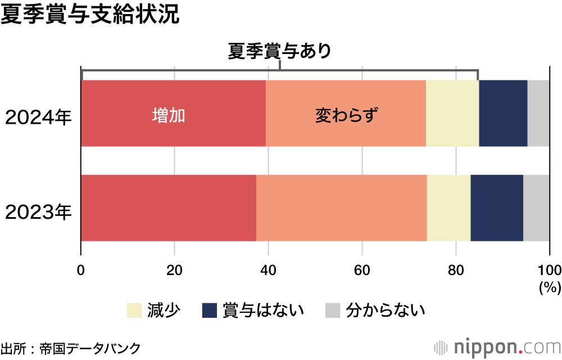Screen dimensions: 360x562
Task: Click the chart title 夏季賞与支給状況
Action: click(90, 15)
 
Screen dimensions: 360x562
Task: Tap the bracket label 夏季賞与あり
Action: click(279, 51)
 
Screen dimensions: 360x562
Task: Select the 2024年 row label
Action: click(39, 119)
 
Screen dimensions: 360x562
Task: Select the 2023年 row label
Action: click(39, 212)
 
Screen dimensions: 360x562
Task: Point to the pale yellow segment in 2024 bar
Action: click(452, 113)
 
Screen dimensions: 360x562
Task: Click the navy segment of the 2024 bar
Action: click(503, 113)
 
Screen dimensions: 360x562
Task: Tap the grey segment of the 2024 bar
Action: click(538, 113)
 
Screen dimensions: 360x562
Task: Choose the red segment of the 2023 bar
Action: click(169, 208)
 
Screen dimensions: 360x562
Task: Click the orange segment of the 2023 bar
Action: click(341, 208)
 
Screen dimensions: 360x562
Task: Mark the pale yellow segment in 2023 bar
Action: click(448, 208)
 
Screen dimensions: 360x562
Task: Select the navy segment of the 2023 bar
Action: click(497, 208)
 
